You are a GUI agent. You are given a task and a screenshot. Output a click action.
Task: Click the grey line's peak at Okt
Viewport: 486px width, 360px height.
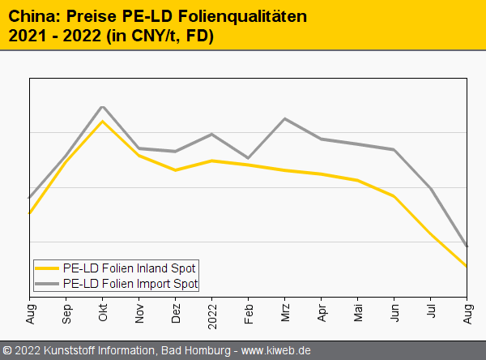point(103,106)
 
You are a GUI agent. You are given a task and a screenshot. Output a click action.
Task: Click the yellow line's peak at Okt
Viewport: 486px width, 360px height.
point(103,121)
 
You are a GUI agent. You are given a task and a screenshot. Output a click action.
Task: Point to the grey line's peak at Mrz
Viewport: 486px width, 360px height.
point(285,118)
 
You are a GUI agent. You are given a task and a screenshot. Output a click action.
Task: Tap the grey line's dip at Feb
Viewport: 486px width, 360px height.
point(248,158)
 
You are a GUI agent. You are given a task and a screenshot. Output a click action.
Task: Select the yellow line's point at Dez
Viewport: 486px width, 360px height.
point(176,170)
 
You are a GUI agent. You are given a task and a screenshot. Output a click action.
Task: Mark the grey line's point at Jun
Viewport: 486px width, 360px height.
point(394,150)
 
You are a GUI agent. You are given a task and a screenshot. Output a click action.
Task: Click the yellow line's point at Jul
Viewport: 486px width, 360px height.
point(431,235)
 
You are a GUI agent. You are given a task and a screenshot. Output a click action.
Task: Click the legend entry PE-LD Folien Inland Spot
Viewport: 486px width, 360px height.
point(130,268)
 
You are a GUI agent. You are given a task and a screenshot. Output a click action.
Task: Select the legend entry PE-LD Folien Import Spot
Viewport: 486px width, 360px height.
point(130,284)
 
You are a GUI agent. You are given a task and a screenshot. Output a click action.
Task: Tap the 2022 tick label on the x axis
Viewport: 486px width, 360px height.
point(212,314)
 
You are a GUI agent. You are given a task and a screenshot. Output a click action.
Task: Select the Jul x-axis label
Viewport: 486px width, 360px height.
point(431,311)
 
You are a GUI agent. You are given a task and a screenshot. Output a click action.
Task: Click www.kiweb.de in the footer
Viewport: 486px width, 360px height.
point(276,351)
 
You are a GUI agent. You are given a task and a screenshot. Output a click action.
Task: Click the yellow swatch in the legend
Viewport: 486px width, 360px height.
point(48,268)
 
